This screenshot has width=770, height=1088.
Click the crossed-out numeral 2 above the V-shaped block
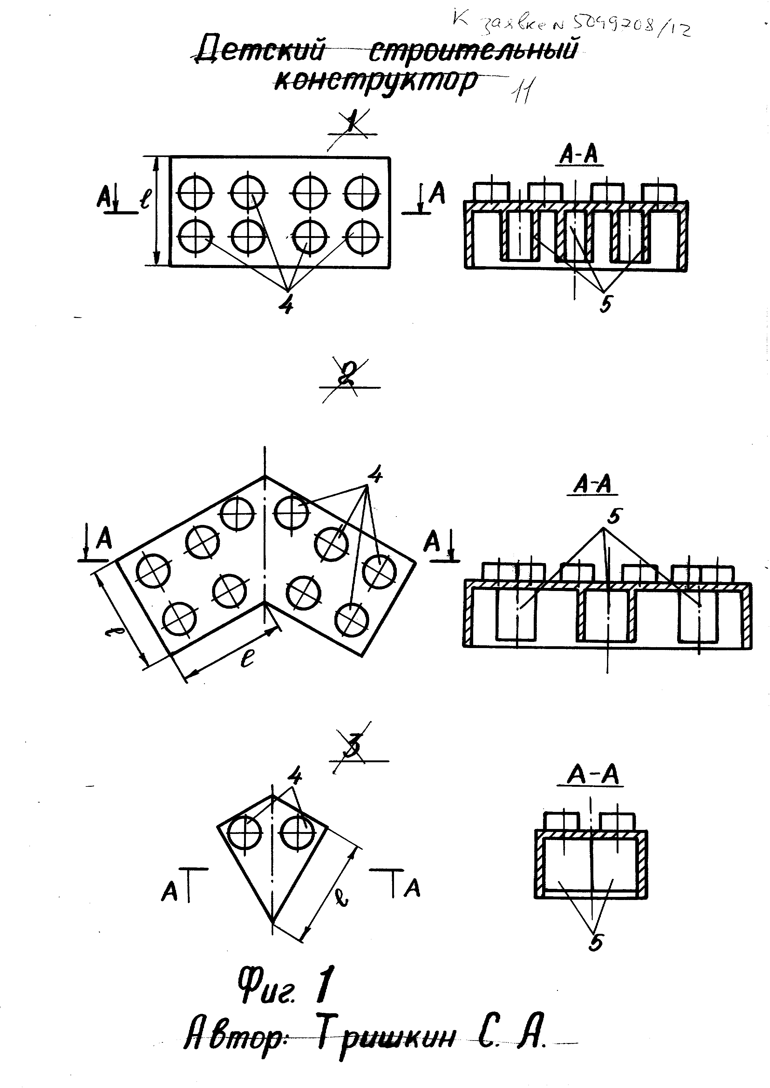click(349, 379)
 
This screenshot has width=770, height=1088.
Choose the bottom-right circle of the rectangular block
click(362, 236)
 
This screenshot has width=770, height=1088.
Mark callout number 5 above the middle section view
click(613, 517)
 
